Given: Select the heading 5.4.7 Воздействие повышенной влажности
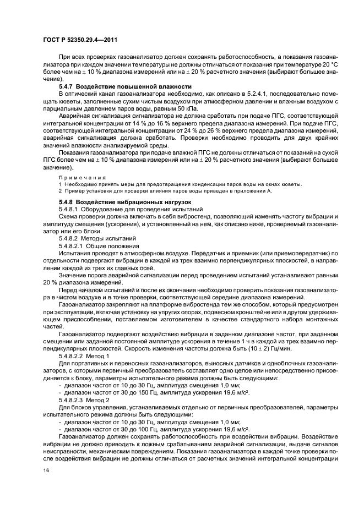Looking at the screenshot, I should click(125, 87).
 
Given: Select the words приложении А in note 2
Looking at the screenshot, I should click(254, 191).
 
